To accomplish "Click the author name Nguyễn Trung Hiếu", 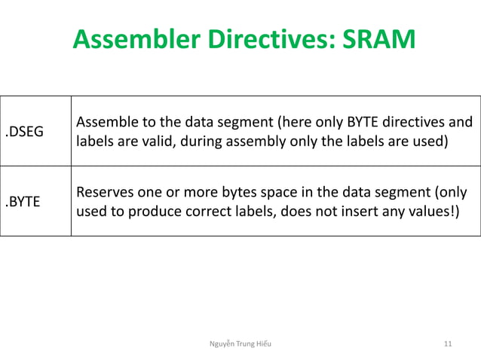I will (240, 343).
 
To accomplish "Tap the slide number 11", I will (448, 343).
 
